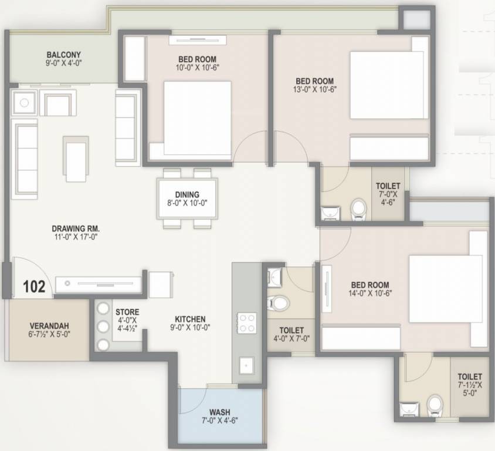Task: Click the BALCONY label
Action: [64, 54]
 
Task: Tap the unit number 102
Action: [34, 287]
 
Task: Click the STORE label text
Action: [127, 312]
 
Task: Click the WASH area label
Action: [220, 411]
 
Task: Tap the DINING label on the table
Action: [187, 194]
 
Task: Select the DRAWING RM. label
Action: [76, 228]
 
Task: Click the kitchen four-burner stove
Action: [246, 322]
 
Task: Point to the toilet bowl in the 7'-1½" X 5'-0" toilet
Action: [435, 403]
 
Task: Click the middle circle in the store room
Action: [103, 327]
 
